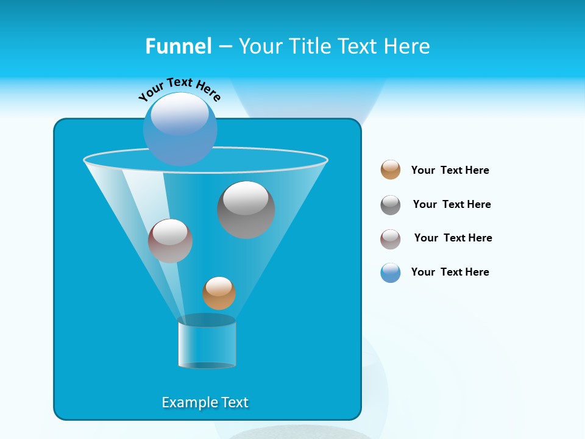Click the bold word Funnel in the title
(x=178, y=46)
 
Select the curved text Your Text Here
(x=179, y=89)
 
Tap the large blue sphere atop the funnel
(x=180, y=129)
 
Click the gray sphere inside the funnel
(x=246, y=210)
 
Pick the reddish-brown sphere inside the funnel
(x=170, y=241)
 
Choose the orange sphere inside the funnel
(x=219, y=293)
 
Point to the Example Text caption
(x=205, y=402)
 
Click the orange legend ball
(x=391, y=170)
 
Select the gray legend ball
(x=391, y=205)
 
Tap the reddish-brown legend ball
(x=391, y=239)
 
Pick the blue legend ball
(x=391, y=273)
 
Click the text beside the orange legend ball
(x=450, y=170)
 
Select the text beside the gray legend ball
(x=452, y=204)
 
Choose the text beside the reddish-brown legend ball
(x=453, y=238)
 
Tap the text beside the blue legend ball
(x=450, y=272)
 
